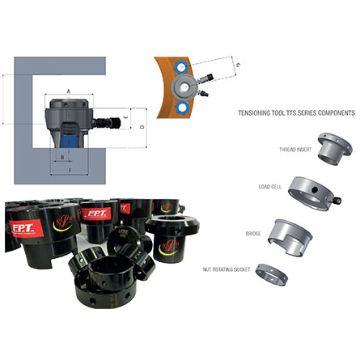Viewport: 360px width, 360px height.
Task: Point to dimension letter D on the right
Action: pyautogui.click(x=142, y=127)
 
